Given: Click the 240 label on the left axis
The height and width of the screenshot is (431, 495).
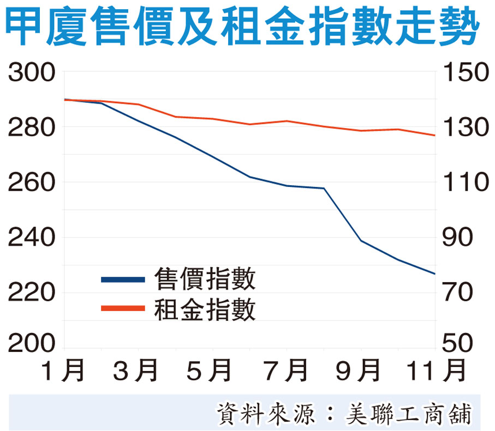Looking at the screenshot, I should [x=32, y=238].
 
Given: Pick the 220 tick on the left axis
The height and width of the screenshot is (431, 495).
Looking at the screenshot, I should [x=32, y=293].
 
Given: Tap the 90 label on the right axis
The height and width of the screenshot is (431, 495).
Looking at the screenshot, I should [x=458, y=238].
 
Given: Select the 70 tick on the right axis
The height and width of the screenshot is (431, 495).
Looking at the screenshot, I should [x=458, y=293].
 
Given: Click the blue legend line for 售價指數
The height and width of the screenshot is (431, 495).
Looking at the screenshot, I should [x=123, y=280].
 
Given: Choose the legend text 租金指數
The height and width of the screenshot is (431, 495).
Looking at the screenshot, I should [x=205, y=309].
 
